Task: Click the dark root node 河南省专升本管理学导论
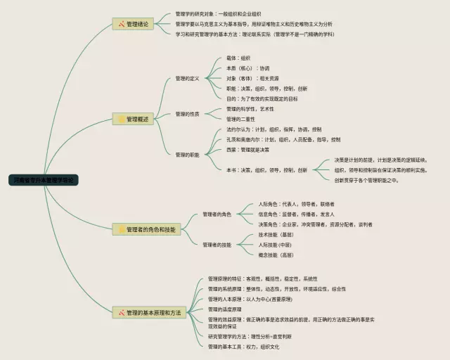tap(42, 180)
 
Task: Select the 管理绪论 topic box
tap(136, 25)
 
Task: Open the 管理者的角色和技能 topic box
tap(146, 229)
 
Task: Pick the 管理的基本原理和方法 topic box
tap(149, 311)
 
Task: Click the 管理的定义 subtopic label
tap(188, 78)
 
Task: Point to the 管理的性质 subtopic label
tap(188, 114)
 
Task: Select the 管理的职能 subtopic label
tap(188, 154)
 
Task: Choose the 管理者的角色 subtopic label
tap(217, 214)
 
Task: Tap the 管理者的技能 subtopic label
tap(217, 245)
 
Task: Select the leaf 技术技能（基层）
tap(276, 234)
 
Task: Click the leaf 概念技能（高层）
tap(276, 255)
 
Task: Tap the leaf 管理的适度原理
tap(224, 309)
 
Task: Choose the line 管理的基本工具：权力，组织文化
tap(243, 347)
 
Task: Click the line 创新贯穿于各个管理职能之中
tap(366, 180)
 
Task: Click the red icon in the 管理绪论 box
tap(121, 25)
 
